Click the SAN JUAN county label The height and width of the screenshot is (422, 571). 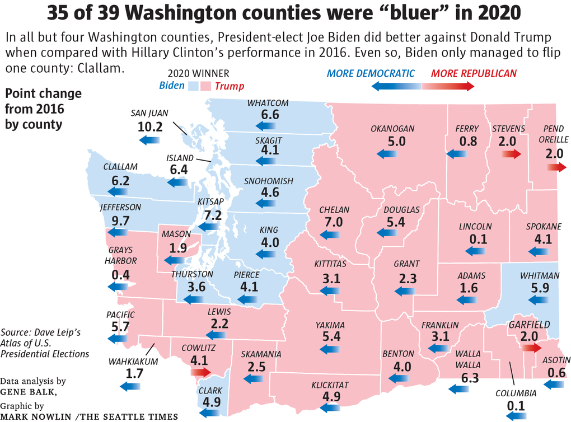point(149,112)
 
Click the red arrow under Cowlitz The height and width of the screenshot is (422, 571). point(200,372)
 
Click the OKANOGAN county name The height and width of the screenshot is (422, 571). point(392,129)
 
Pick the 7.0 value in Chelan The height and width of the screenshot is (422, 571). point(334,222)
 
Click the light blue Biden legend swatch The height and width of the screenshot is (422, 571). point(194,86)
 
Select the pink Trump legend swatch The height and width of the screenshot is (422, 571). point(208,86)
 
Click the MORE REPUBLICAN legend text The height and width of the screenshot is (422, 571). point(474,73)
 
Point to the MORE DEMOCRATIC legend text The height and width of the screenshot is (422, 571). point(371,73)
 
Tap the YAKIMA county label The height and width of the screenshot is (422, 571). point(330,325)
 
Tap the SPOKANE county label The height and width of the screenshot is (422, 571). point(544,227)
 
